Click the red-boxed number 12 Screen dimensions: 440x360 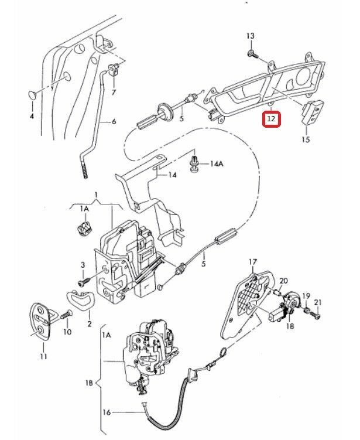[x=271, y=118]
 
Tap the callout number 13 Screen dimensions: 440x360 [x=251, y=37]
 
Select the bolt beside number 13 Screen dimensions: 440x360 [x=251, y=54]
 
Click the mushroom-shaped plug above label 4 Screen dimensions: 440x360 [x=32, y=94]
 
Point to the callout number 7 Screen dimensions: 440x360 [x=113, y=92]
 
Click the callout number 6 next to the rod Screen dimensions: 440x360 [x=114, y=122]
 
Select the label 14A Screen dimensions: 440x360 [x=217, y=165]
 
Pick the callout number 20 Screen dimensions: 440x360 [x=284, y=281]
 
